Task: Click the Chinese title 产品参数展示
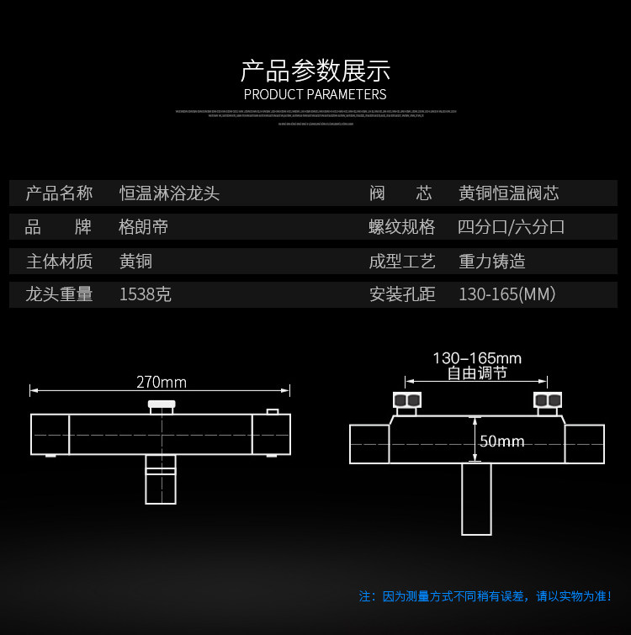[315, 70]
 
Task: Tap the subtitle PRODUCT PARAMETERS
[315, 94]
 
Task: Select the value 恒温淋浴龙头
[169, 193]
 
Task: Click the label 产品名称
[59, 193]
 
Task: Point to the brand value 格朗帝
[144, 227]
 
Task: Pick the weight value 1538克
[146, 294]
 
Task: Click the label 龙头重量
[59, 294]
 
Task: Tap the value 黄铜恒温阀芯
[508, 193]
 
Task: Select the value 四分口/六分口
[511, 227]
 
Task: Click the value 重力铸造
[491, 261]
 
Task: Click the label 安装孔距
[402, 294]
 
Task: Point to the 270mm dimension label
[162, 383]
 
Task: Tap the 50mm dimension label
[501, 442]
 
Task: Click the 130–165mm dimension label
[477, 358]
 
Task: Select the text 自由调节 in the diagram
[477, 373]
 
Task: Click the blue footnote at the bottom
[485, 596]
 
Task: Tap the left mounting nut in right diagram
[406, 400]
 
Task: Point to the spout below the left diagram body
[161, 479]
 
